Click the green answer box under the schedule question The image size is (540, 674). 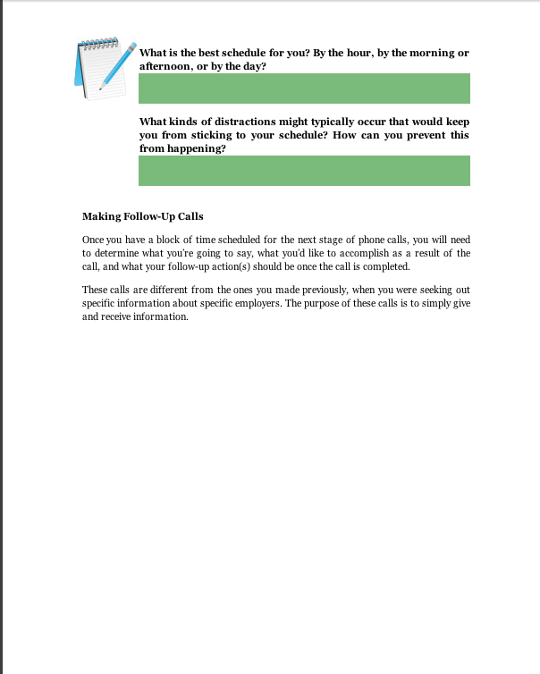(304, 88)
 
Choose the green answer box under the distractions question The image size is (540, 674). (304, 171)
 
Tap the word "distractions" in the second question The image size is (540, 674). (233, 122)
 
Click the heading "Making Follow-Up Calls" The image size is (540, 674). (143, 216)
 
